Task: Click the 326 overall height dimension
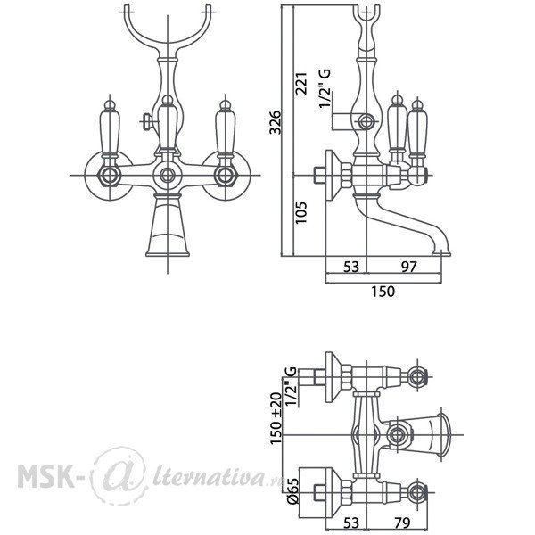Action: pos(275,122)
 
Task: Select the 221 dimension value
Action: pos(301,83)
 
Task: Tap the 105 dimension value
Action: pos(301,212)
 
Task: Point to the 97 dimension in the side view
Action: pos(408,267)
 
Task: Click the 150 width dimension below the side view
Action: pos(383,292)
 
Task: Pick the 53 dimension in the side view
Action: pos(351,267)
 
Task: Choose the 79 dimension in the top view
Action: pos(402,523)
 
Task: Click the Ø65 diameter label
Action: pos(292,491)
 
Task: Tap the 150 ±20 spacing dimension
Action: pos(276,418)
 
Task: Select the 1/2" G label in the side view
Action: pos(325,88)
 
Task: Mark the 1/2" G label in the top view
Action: pos(291,387)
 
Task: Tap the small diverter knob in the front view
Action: pos(146,121)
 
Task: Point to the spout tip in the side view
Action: pos(441,253)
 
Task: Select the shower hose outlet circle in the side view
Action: pos(366,121)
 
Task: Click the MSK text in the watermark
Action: pos(46,475)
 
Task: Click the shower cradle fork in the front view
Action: pos(168,28)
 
